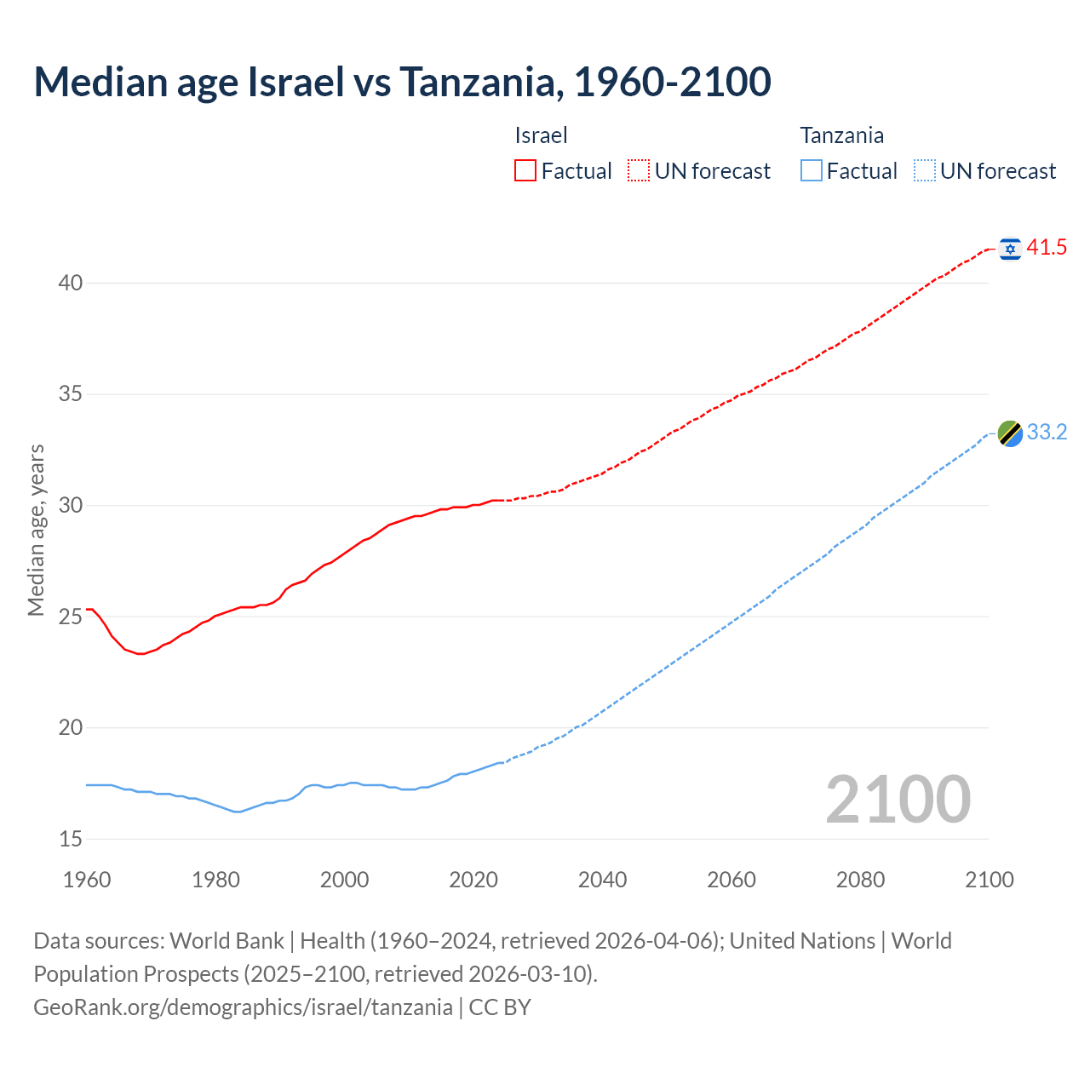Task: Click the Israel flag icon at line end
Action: pos(1010,249)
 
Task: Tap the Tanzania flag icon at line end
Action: pos(1010,433)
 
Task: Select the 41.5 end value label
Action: pos(1047,248)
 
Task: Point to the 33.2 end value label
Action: pos(1047,433)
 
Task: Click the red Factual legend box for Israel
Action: pos(525,171)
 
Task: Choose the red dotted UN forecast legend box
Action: pos(639,171)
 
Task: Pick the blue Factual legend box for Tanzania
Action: pos(811,171)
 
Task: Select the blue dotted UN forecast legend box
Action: pos(924,171)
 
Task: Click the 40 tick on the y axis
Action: pos(70,283)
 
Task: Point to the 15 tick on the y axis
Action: pos(70,839)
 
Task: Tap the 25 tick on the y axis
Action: pos(70,617)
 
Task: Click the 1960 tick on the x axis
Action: pos(87,880)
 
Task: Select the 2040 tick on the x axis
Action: pos(602,880)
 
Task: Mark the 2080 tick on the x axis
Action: pos(860,880)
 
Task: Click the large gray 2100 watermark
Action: pos(898,799)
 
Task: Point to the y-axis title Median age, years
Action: pos(36,530)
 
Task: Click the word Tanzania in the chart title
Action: pos(480,82)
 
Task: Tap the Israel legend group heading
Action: pos(541,135)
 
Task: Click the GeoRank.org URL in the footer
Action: pos(243,1007)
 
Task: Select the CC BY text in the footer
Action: pos(500,1007)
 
